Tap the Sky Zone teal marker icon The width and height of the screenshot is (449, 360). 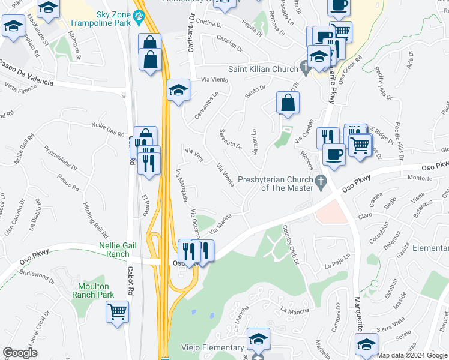click(x=140, y=16)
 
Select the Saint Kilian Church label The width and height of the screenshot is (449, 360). click(x=260, y=69)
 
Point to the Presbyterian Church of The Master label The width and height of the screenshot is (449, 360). click(x=276, y=184)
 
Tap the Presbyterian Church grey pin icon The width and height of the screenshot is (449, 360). click(x=321, y=181)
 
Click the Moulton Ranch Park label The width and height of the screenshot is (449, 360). click(x=93, y=290)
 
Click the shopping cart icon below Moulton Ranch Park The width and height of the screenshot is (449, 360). click(x=117, y=311)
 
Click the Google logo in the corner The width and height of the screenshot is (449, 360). click(x=20, y=353)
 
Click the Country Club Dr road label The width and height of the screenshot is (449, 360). click(x=291, y=244)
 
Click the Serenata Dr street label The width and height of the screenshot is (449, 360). click(x=231, y=139)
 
